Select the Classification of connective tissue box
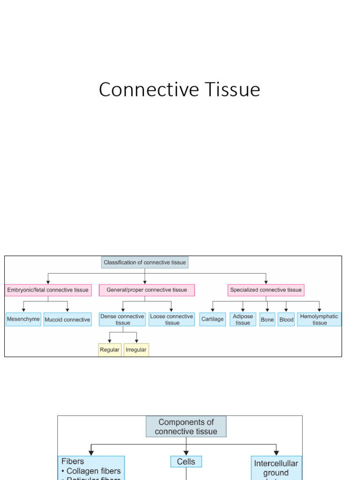tap(145, 262)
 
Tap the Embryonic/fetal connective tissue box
tap(48, 290)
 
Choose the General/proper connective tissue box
tap(147, 290)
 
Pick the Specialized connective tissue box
tap(266, 290)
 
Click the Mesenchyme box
tap(23, 319)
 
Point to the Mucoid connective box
tap(67, 320)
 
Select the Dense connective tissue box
tap(122, 320)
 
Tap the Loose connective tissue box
tap(172, 320)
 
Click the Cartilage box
tap(212, 320)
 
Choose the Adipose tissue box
tap(243, 320)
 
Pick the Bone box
tap(267, 320)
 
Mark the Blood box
tap(286, 320)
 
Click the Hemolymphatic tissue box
tap(319, 320)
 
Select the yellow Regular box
tap(110, 350)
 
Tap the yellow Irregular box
tap(136, 350)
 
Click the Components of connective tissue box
tap(186, 427)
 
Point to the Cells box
tap(186, 462)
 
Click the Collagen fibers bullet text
tap(93, 471)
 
